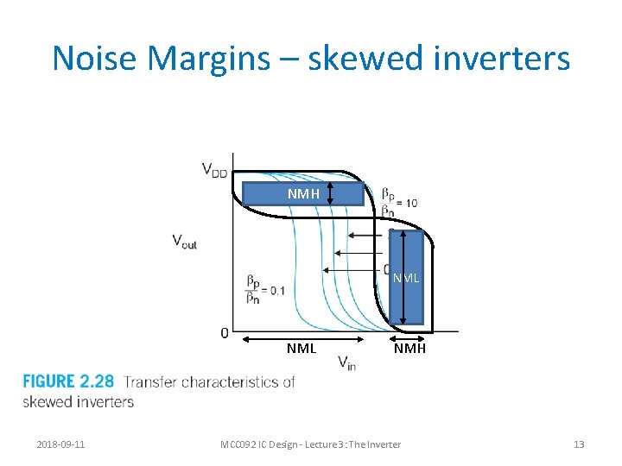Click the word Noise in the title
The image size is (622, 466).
click(x=94, y=59)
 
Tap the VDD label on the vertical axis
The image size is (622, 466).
click(x=215, y=170)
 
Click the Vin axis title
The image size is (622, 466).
click(x=346, y=362)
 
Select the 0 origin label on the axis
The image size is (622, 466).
click(x=225, y=332)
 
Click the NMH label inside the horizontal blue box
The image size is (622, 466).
click(x=304, y=194)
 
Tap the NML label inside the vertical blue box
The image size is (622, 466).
click(x=405, y=278)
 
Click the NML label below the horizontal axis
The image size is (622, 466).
click(x=301, y=349)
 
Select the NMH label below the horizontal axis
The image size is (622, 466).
click(x=409, y=349)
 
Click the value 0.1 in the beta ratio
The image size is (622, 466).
click(x=277, y=291)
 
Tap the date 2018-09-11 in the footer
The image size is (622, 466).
click(x=60, y=444)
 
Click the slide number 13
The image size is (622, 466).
click(x=578, y=444)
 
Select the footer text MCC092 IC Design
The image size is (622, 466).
click(x=259, y=444)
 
